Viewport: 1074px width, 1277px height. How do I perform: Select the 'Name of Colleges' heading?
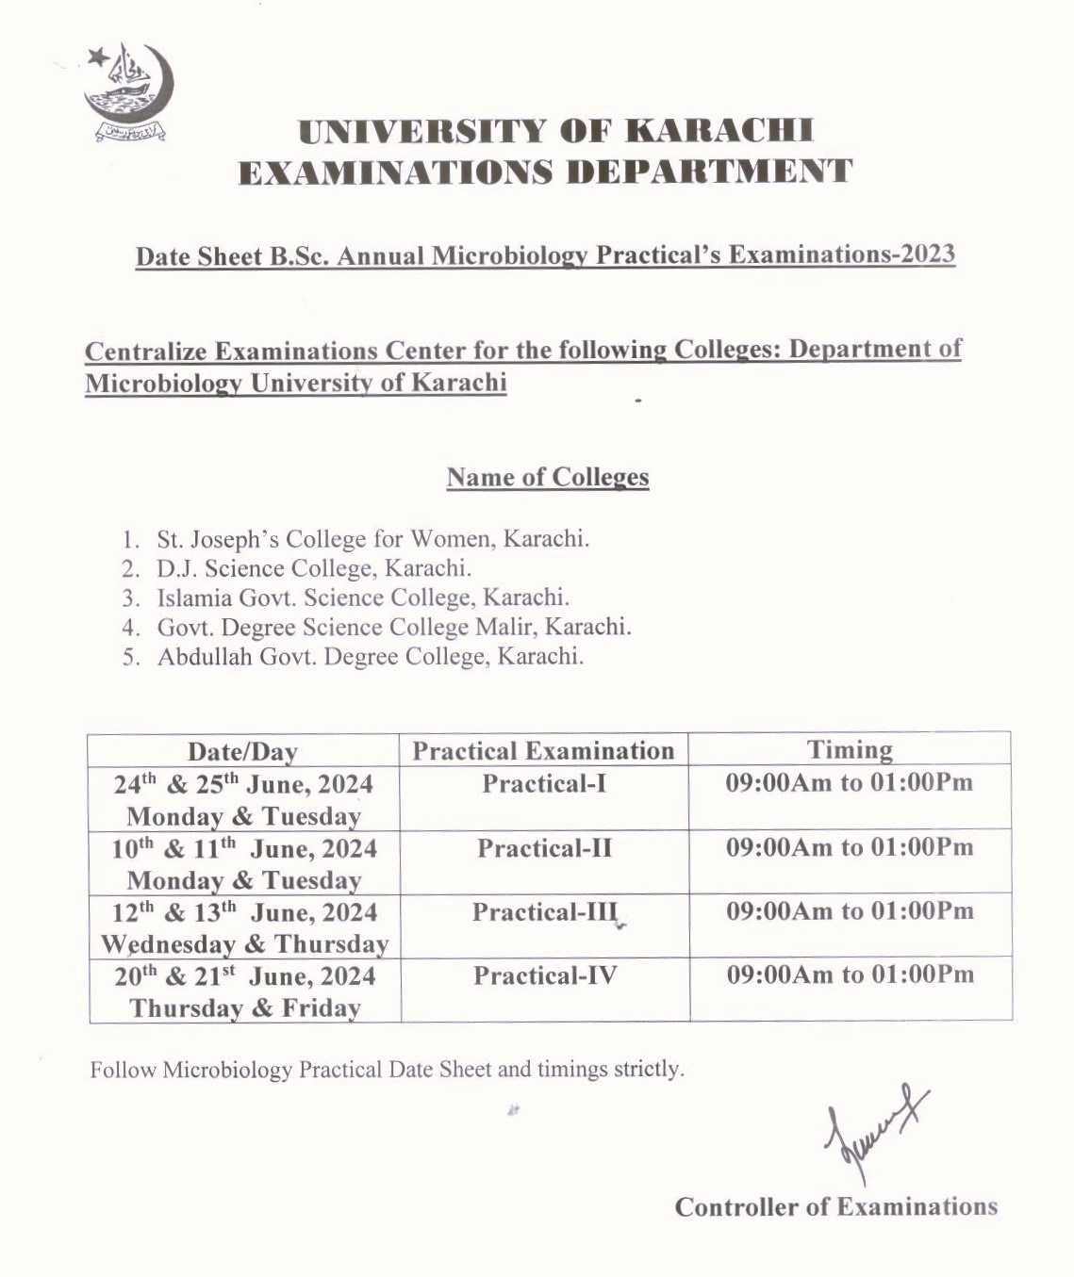548,477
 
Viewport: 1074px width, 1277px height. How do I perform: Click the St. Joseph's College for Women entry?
372,539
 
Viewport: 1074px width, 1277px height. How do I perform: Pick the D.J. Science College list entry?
314,568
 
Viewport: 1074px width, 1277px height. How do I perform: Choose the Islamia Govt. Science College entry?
363,598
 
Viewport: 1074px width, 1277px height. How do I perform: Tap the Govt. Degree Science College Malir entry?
394,627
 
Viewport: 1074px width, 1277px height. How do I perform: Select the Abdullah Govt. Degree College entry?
371,656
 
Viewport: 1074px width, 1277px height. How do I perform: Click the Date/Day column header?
242,751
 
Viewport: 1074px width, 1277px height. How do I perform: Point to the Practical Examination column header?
543,751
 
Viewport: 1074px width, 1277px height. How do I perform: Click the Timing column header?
850,750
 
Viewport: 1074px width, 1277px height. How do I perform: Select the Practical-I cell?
544,784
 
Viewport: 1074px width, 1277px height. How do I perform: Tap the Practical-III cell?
544,912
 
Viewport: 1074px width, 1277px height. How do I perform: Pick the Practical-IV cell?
545,975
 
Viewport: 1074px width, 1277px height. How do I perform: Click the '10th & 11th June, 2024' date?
244,849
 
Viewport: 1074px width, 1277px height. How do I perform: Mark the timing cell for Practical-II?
850,847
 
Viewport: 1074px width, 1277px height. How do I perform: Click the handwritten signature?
872,1130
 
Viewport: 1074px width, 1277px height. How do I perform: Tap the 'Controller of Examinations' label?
835,1207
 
